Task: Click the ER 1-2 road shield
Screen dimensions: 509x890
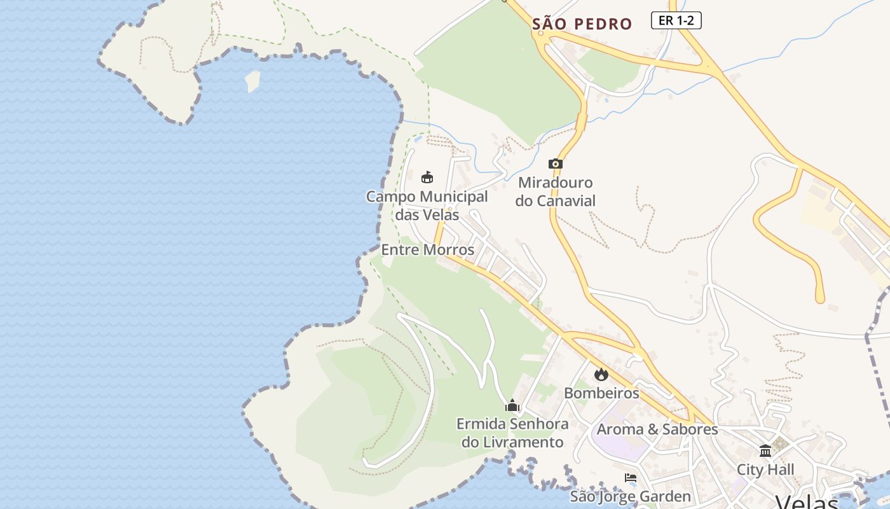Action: coord(676,20)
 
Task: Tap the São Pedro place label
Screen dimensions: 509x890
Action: coord(582,25)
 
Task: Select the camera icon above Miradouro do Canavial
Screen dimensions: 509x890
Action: coord(556,164)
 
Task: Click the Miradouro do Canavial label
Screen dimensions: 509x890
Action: coord(556,192)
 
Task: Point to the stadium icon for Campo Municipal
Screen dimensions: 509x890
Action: coord(427,178)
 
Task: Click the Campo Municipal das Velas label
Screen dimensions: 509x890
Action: coord(427,206)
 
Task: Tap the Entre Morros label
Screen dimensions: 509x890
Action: coord(427,250)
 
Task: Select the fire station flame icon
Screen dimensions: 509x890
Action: coord(601,374)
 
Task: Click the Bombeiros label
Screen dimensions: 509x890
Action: coord(601,393)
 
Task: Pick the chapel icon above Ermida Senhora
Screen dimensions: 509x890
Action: coord(512,405)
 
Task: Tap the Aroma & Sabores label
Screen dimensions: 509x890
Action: coord(657,429)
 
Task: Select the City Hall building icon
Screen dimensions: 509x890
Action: coord(765,451)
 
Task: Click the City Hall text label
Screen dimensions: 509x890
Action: coord(765,470)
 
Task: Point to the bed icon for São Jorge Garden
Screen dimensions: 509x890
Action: coord(631,478)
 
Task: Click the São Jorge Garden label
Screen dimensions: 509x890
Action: coord(630,496)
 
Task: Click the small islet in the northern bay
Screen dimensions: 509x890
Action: coord(252,81)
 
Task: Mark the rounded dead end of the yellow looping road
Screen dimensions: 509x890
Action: coord(820,297)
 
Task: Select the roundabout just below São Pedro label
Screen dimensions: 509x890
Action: coord(541,38)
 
